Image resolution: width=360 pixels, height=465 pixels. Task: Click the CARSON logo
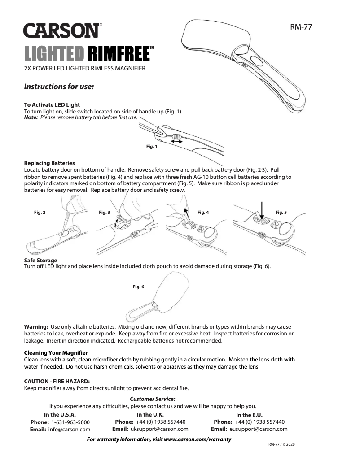click(62, 31)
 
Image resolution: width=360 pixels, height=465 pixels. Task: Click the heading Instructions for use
click(59, 87)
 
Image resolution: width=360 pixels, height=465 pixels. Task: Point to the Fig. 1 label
click(152, 147)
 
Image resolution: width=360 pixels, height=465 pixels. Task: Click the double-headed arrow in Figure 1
click(176, 141)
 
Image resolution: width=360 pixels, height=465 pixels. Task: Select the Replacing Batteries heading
click(49, 163)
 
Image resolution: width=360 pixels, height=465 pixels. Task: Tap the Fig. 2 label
click(40, 212)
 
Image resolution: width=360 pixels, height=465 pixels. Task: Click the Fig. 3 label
click(104, 212)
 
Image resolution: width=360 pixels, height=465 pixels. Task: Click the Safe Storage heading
click(40, 260)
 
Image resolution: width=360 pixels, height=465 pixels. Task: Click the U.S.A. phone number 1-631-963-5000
click(70, 422)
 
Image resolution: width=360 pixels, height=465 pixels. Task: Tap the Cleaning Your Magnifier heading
click(56, 353)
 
